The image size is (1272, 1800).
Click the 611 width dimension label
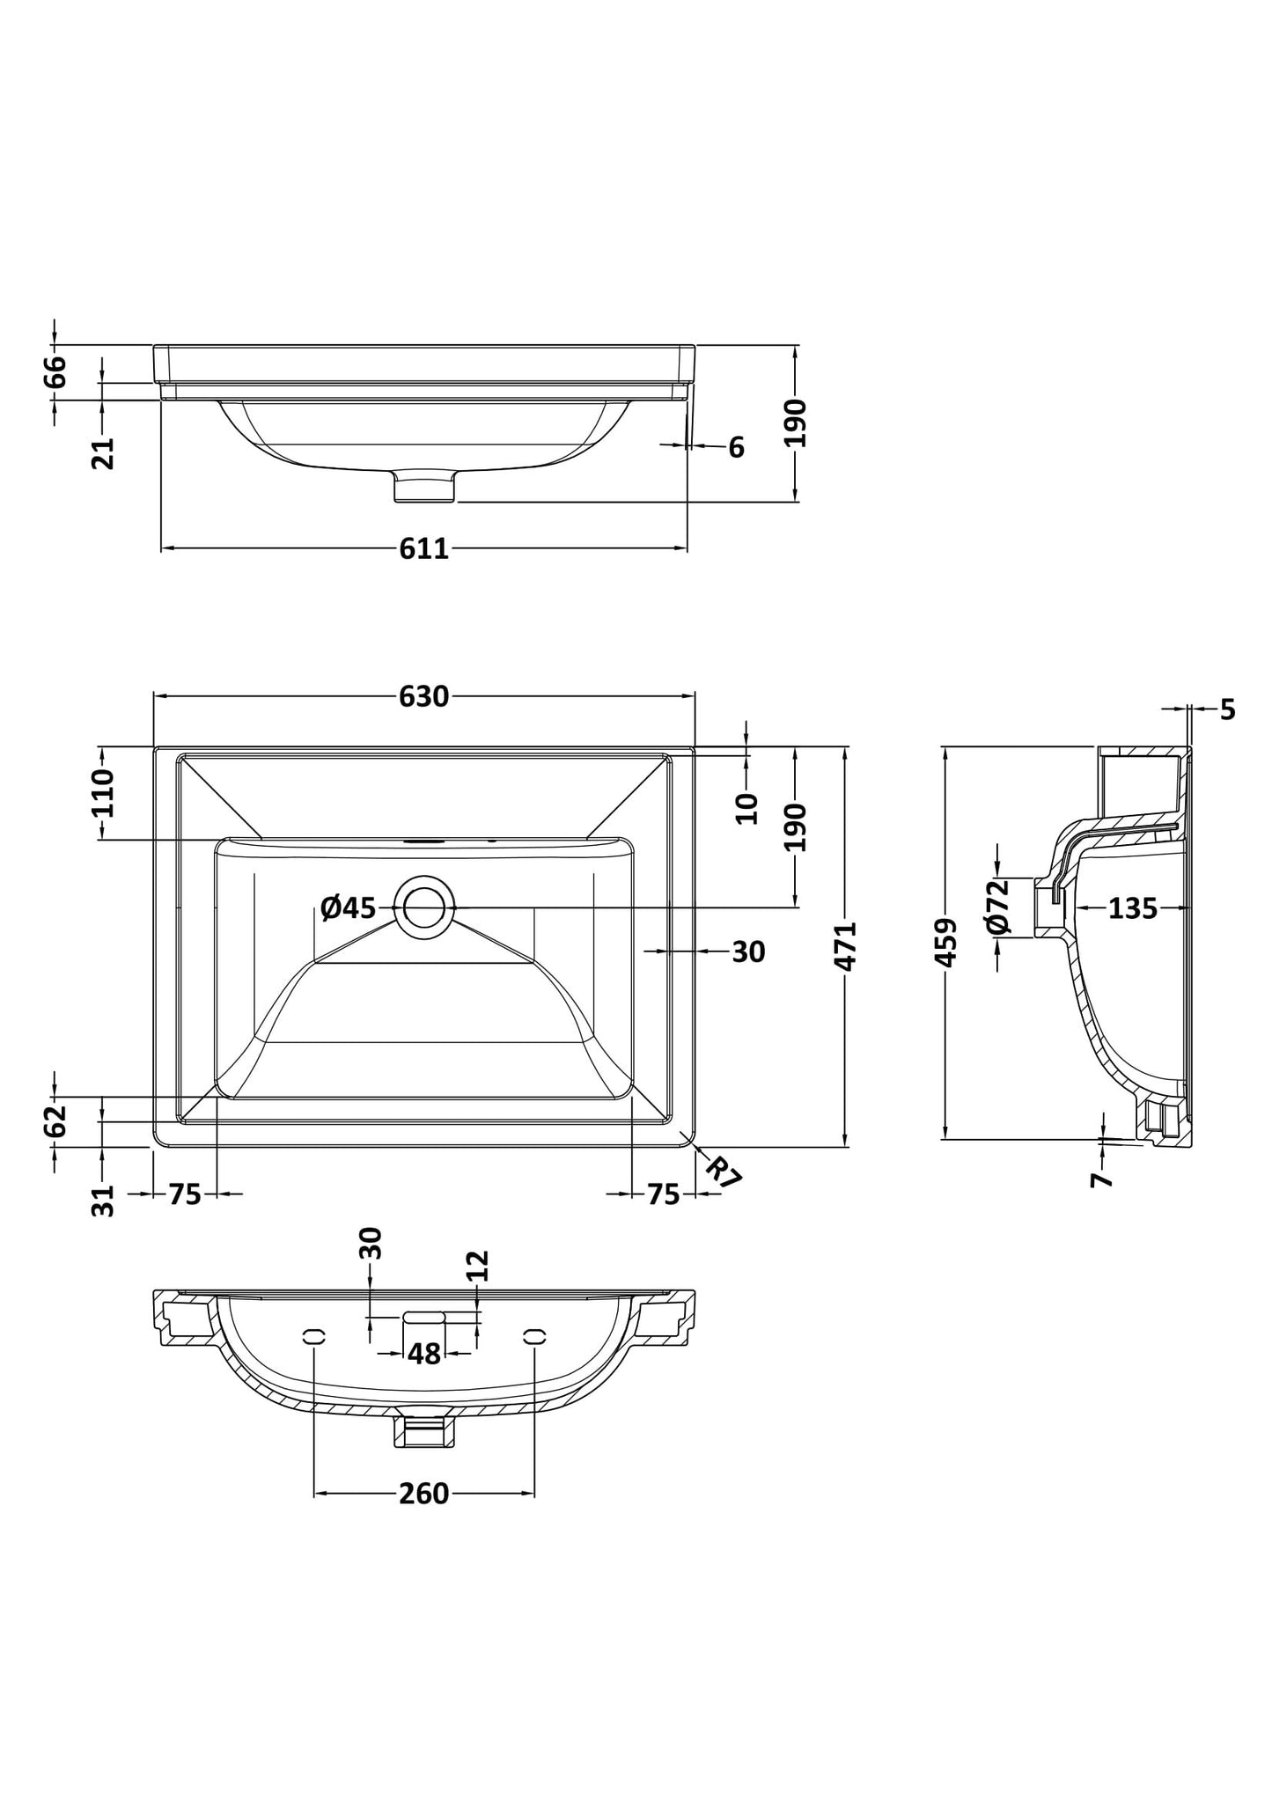click(x=423, y=548)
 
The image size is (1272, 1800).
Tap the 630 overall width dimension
click(x=423, y=696)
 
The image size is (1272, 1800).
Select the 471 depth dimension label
click(x=845, y=946)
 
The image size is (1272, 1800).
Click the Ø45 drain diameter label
click(x=348, y=907)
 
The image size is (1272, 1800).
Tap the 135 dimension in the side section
click(x=1132, y=907)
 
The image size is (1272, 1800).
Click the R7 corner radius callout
click(x=724, y=1174)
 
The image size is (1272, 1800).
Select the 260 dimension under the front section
click(x=423, y=1493)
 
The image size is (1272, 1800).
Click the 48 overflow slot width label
click(x=423, y=1354)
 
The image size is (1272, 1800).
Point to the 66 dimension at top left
click(x=55, y=371)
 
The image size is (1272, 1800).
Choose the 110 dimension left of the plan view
click(x=102, y=792)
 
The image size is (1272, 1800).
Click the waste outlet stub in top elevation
click(x=424, y=486)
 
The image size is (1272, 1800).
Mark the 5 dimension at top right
click(x=1228, y=709)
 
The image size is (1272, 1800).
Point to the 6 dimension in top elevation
click(x=736, y=447)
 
